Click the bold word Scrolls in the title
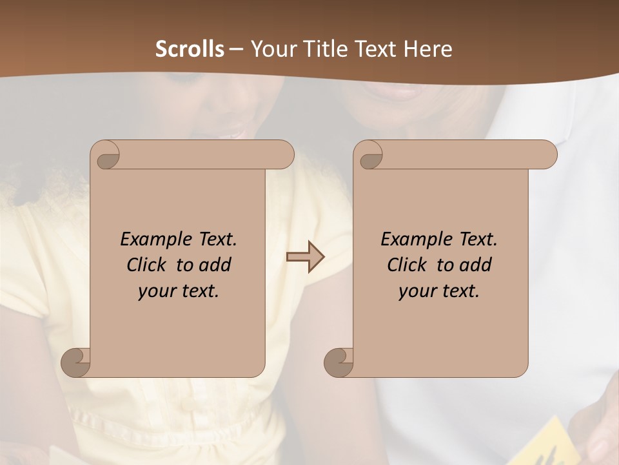click(190, 49)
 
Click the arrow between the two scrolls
click(305, 257)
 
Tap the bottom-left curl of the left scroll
click(75, 362)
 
